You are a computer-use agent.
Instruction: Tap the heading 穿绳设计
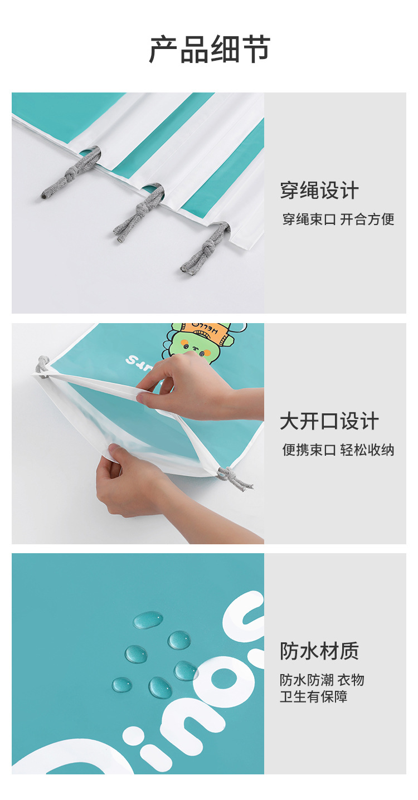[319, 191]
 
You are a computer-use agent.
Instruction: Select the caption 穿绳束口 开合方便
[338, 219]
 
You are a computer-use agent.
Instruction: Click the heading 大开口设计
[329, 421]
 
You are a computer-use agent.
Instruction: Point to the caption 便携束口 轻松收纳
[338, 450]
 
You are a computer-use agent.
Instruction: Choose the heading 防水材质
[319, 651]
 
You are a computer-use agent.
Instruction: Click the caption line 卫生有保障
[314, 696]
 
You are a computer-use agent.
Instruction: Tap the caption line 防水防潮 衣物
[322, 680]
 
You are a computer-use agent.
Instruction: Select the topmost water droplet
[148, 619]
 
